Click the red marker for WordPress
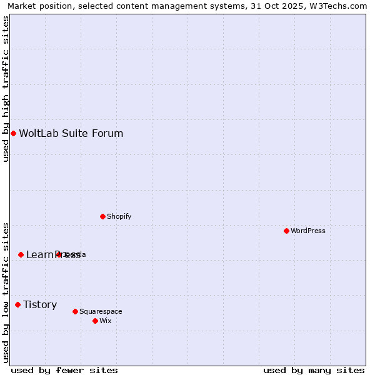(286, 231)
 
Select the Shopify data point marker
(102, 216)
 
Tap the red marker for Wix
(95, 321)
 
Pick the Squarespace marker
(75, 311)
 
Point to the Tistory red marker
(17, 304)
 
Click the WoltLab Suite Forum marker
(13, 133)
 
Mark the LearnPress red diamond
(21, 254)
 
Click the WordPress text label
(308, 231)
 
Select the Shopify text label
(119, 216)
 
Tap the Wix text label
(105, 321)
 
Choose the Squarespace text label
(101, 311)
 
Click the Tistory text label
(40, 304)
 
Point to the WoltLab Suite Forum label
(71, 133)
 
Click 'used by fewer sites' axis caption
(64, 370)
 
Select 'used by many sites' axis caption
(314, 370)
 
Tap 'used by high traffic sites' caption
(6, 89)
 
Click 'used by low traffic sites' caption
(6, 292)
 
